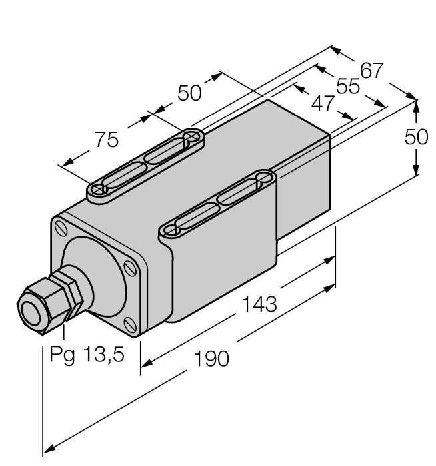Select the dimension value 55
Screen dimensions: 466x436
pyautogui.click(x=347, y=87)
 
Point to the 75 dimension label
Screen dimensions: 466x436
pyautogui.click(x=105, y=140)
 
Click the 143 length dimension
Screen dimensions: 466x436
pyautogui.click(x=258, y=304)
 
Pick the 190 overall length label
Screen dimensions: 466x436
pyautogui.click(x=211, y=359)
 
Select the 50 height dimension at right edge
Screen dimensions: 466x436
pyautogui.click(x=418, y=138)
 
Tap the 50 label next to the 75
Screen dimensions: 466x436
pyautogui.click(x=189, y=93)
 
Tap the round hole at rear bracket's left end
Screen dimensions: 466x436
pyautogui.click(x=99, y=190)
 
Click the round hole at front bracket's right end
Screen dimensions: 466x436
pyautogui.click(x=263, y=178)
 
